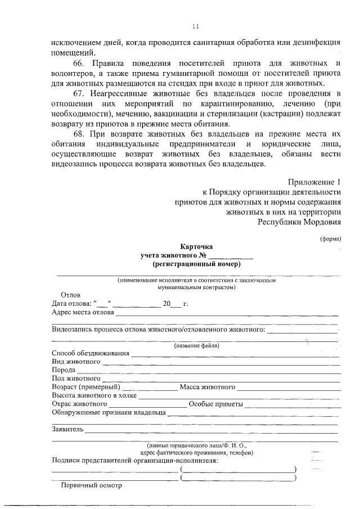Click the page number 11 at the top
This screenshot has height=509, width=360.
tap(196, 26)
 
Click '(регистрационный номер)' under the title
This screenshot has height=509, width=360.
tap(196, 264)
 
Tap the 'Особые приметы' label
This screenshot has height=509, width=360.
tap(215, 404)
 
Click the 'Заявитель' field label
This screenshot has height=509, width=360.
tap(67, 430)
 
